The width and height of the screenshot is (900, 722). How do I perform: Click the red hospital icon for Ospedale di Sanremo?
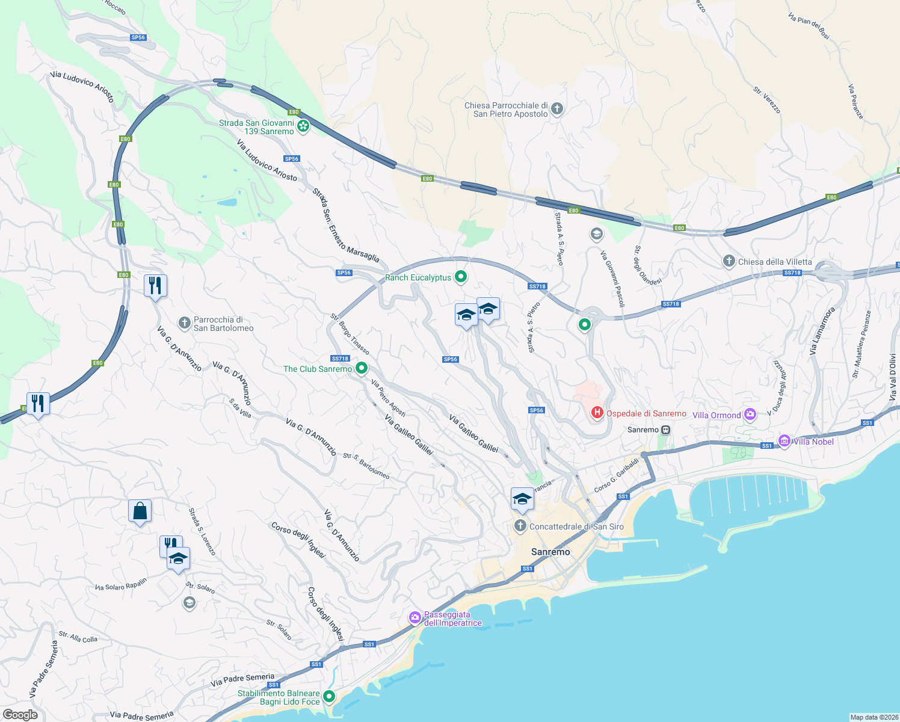click(597, 412)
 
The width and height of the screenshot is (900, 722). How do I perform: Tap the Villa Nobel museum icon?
click(784, 441)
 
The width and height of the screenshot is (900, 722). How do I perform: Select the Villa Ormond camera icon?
click(750, 414)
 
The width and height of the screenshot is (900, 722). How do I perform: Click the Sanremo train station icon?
click(665, 430)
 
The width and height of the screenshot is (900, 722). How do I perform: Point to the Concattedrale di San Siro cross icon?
click(520, 526)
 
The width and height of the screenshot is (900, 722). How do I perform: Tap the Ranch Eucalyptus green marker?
click(461, 277)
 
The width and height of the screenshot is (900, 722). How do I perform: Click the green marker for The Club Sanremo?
click(362, 368)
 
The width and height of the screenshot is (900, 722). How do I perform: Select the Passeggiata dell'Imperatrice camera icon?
click(415, 617)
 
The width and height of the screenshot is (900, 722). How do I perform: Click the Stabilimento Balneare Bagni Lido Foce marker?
click(329, 697)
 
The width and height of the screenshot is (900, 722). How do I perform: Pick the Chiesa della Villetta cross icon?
click(729, 261)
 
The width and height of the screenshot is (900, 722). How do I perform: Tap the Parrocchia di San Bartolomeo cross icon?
click(185, 323)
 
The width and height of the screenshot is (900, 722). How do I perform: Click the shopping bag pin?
click(140, 511)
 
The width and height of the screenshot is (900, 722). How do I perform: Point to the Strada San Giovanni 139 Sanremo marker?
click(303, 126)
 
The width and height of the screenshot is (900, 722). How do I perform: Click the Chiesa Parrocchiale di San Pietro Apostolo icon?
click(557, 109)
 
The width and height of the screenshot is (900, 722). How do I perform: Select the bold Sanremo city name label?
click(550, 552)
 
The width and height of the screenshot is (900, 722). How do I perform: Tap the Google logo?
click(20, 714)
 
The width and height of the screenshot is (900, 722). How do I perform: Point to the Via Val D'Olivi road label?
click(893, 377)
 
